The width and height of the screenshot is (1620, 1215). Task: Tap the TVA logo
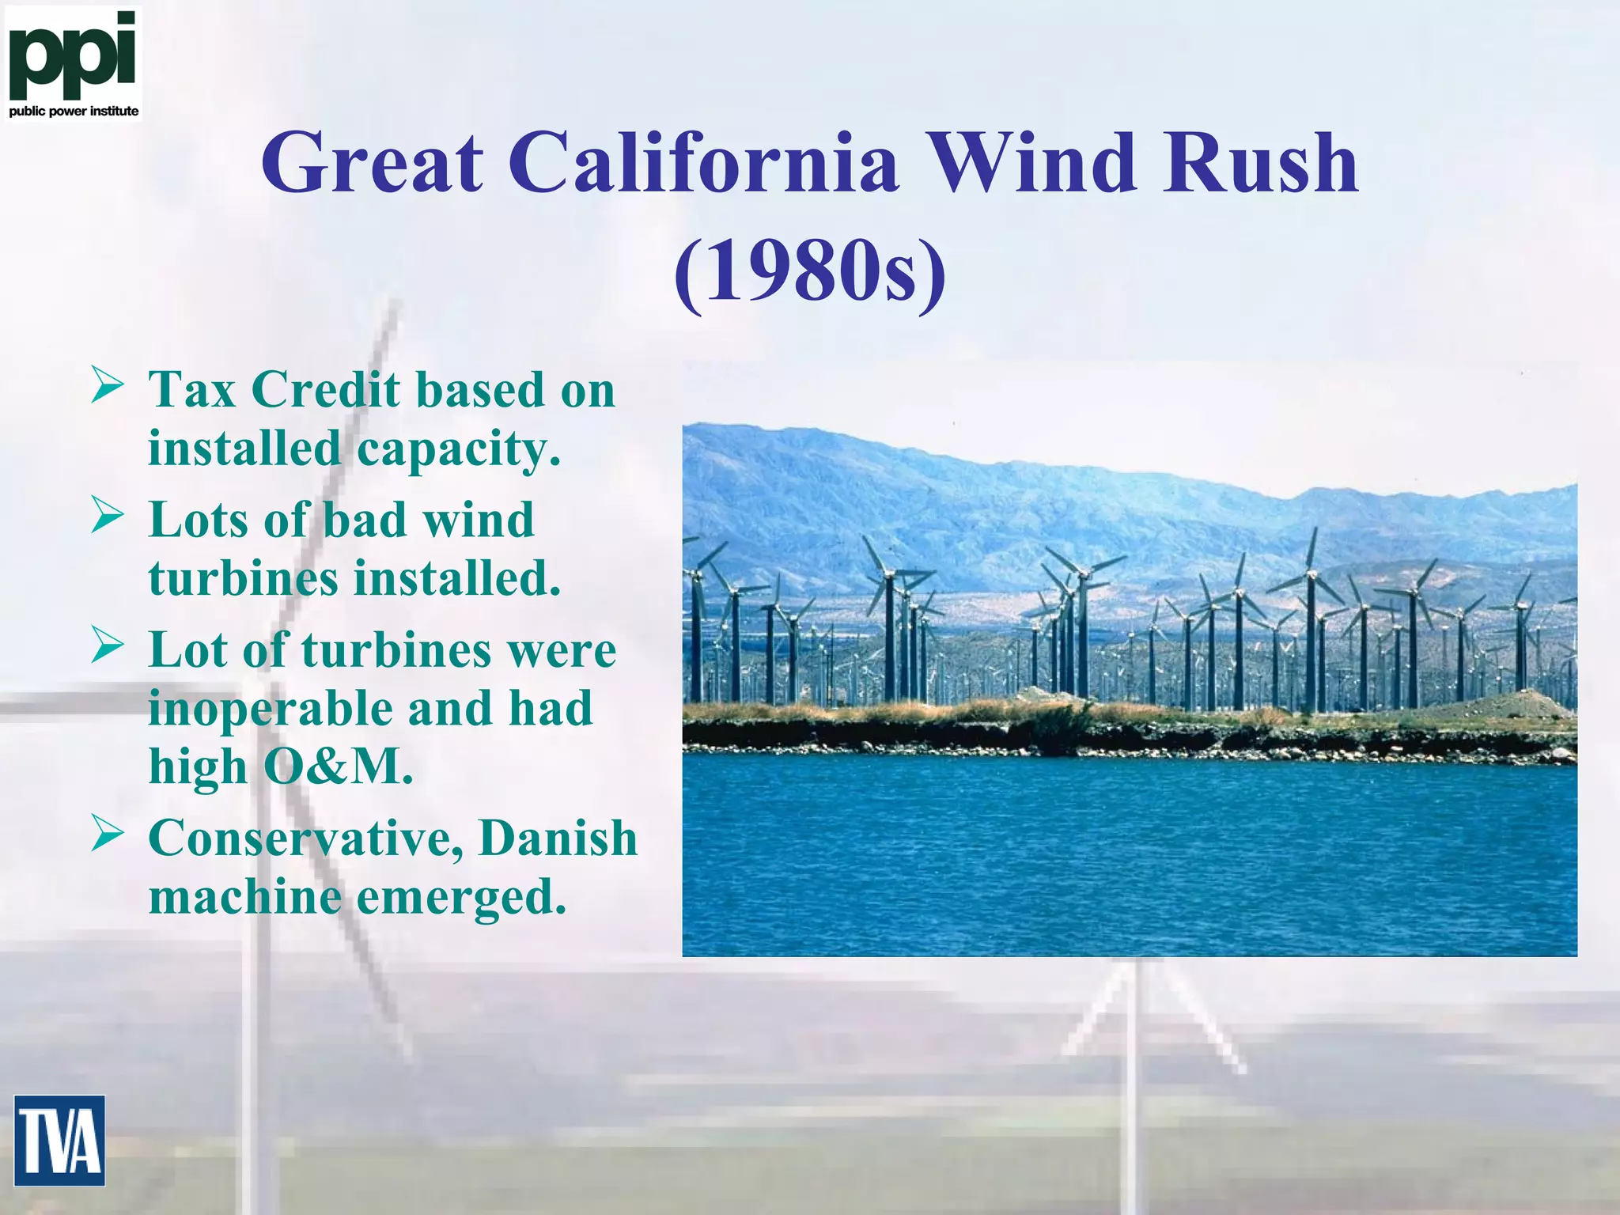click(59, 1140)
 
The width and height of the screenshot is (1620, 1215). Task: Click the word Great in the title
click(373, 164)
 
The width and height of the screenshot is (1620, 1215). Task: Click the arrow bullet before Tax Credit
click(107, 385)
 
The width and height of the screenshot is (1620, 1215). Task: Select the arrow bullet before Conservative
click(107, 834)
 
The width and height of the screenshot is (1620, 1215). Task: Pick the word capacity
click(458, 449)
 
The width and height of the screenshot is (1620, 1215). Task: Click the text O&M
click(338, 766)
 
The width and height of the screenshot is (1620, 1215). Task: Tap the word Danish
click(558, 838)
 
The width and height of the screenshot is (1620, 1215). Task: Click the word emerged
click(461, 898)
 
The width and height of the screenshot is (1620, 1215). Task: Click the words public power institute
click(74, 112)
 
